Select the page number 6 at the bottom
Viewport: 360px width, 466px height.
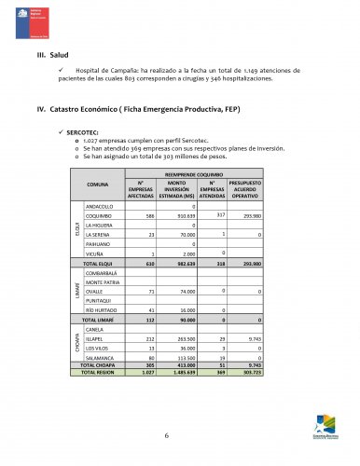click(166, 436)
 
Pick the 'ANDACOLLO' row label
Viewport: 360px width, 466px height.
click(100, 205)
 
